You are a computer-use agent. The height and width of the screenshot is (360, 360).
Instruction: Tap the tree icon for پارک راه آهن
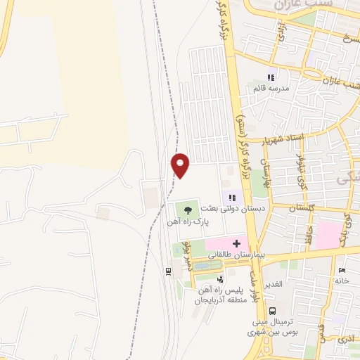tap(187, 208)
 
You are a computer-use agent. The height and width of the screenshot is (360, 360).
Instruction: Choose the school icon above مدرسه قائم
tap(271, 77)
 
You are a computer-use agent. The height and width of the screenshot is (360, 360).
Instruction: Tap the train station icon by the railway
tap(168, 271)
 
